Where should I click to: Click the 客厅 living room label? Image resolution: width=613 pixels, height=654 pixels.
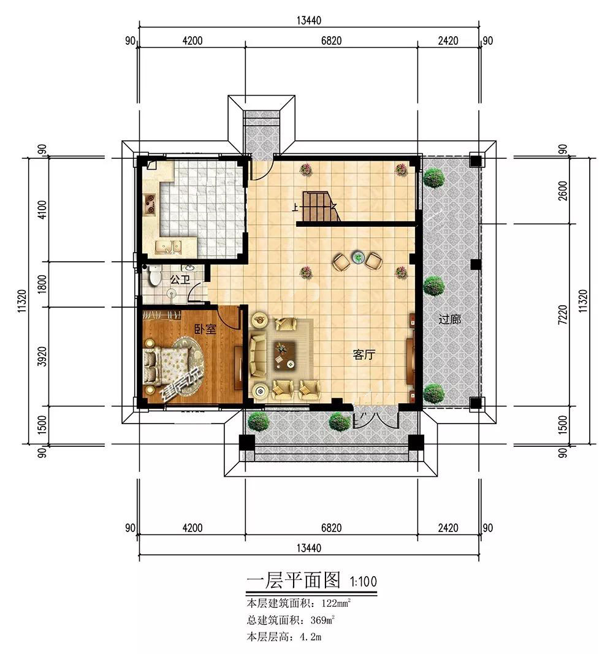364,354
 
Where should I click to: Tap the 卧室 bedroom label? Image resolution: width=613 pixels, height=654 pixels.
205,329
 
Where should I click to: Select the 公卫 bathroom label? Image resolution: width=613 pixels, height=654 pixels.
180,280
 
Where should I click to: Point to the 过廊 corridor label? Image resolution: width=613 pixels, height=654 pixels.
450,319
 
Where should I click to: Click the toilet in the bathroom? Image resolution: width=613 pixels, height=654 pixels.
154,275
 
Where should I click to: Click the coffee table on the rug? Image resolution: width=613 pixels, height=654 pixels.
285,355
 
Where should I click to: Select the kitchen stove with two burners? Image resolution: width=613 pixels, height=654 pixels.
150,201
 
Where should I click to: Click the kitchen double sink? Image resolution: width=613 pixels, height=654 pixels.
169,247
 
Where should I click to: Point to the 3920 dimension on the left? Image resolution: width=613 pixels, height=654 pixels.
42,357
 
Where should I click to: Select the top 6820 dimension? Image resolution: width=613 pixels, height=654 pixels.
332,40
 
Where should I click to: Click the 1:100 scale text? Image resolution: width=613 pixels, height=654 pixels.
364,581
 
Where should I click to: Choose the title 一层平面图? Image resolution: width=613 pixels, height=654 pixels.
294,580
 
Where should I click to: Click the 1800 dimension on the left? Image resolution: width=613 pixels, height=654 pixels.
42,285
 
